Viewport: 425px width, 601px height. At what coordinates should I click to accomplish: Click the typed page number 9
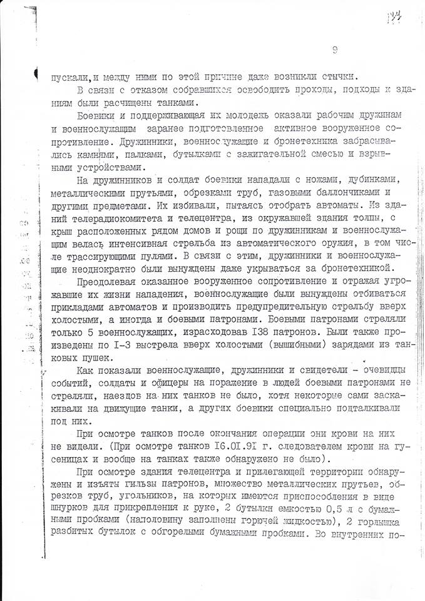(336, 51)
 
